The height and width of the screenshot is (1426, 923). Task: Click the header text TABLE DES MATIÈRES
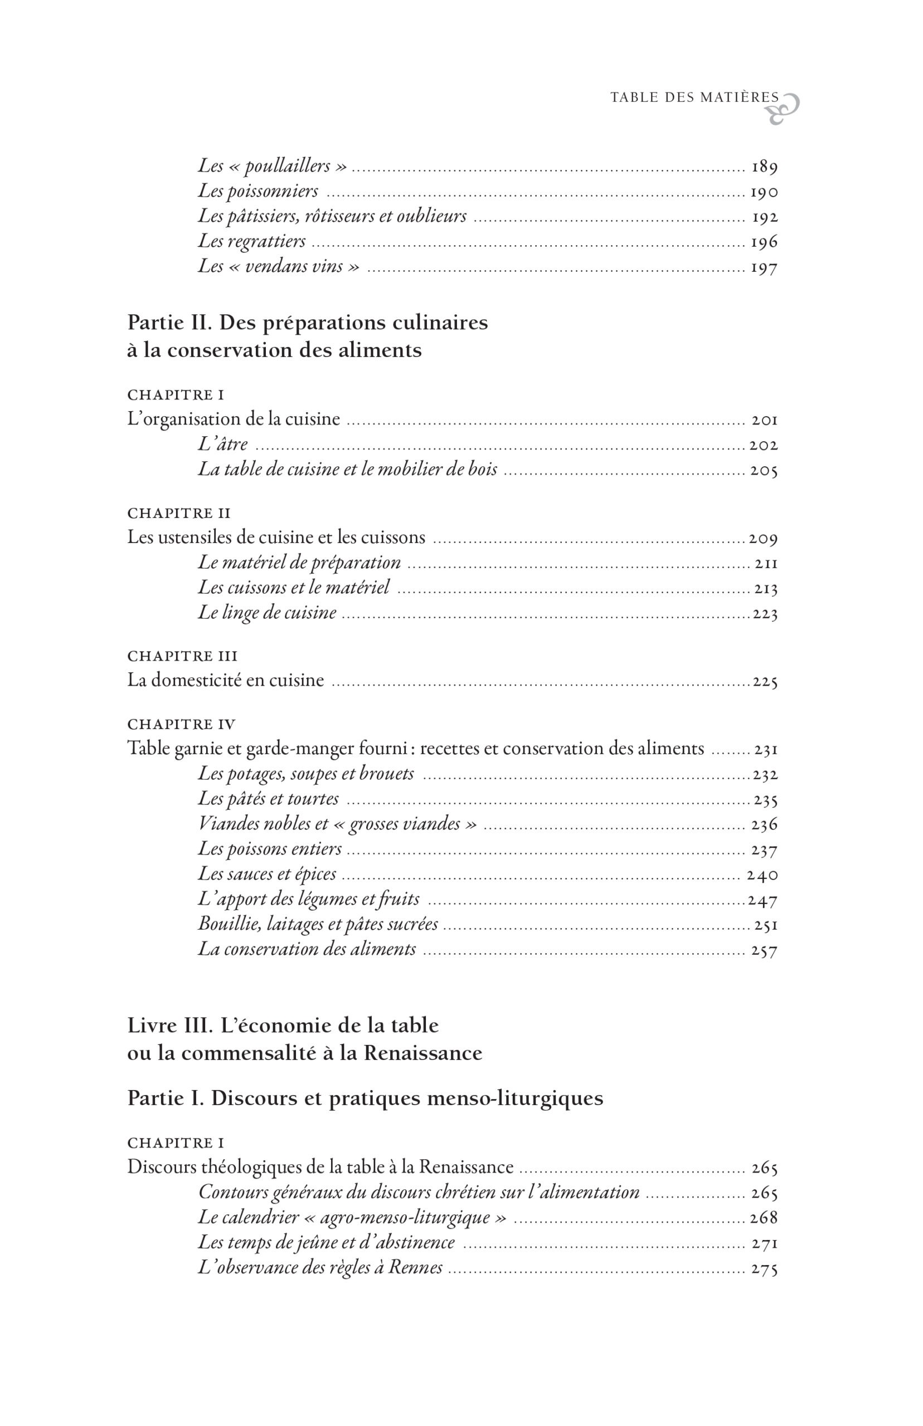pyautogui.click(x=694, y=97)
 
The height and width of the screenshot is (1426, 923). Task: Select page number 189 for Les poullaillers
pyautogui.click(x=764, y=167)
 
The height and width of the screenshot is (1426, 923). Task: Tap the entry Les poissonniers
pyautogui.click(x=258, y=191)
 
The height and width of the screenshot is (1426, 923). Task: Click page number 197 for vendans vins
pyautogui.click(x=764, y=267)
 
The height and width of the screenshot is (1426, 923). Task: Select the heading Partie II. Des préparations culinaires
pyautogui.click(x=308, y=323)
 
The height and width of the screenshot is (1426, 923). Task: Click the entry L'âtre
pyautogui.click(x=223, y=445)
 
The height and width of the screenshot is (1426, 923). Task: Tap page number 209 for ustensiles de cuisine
pyautogui.click(x=763, y=539)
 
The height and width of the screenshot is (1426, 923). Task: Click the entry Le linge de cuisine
pyautogui.click(x=268, y=613)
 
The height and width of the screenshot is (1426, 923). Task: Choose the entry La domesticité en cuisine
pyautogui.click(x=225, y=680)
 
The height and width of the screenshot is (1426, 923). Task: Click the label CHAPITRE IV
pyautogui.click(x=181, y=724)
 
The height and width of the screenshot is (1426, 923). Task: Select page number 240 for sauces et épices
pyautogui.click(x=762, y=875)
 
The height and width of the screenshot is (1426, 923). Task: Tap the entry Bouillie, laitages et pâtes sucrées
pyautogui.click(x=318, y=924)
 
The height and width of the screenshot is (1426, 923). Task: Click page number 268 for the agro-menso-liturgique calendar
pyautogui.click(x=764, y=1218)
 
